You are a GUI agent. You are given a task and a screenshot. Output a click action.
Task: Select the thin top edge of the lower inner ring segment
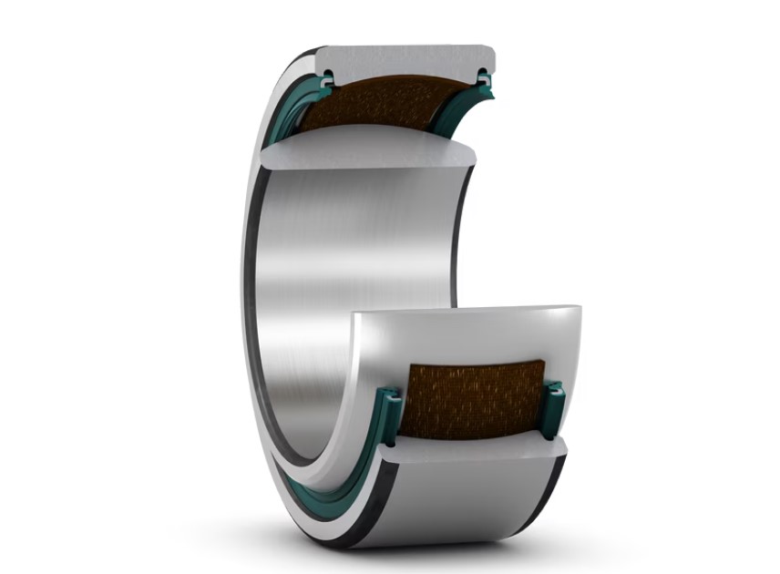point(465,310)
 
